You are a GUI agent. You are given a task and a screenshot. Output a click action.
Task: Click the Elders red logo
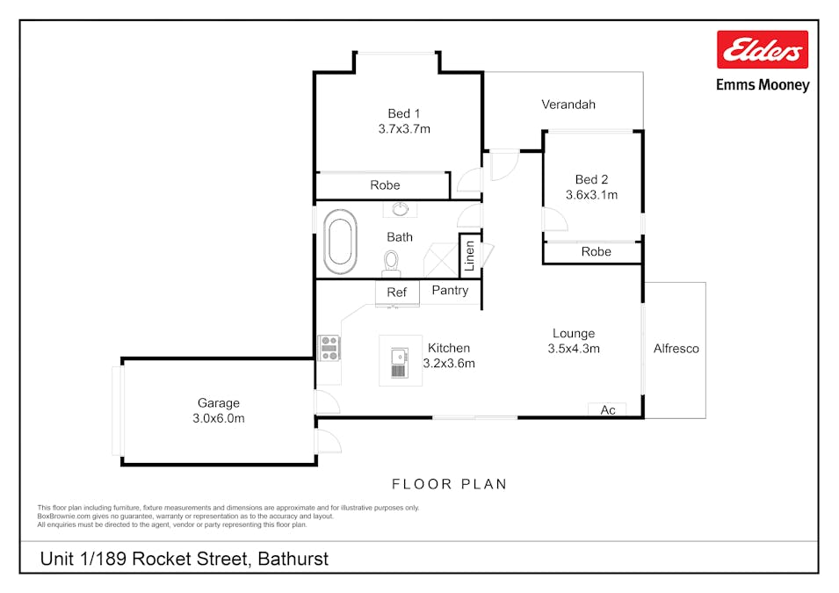click(763, 49)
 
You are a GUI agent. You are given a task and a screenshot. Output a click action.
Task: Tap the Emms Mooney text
click(763, 85)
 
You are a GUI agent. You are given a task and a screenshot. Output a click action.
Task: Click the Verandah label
click(568, 105)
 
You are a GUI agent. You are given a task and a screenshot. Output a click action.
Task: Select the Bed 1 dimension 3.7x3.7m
click(404, 129)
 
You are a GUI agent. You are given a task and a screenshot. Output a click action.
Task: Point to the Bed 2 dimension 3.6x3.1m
click(591, 195)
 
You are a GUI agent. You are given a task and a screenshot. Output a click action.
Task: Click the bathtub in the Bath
click(340, 242)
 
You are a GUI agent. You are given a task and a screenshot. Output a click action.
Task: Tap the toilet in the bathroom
click(391, 264)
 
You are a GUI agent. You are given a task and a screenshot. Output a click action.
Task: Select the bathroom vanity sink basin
click(401, 209)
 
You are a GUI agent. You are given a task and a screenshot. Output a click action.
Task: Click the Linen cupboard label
click(469, 256)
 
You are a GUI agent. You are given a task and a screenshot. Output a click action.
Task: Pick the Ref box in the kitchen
click(397, 293)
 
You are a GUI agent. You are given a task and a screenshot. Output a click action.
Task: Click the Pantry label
click(450, 290)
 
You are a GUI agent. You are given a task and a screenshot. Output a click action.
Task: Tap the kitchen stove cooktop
click(329, 348)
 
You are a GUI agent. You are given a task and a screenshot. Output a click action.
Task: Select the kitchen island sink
click(399, 362)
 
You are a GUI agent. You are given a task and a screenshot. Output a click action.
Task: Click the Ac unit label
click(608, 410)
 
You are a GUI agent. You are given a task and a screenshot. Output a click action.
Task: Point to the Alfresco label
click(676, 349)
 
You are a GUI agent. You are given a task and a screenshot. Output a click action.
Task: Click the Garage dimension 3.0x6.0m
click(218, 418)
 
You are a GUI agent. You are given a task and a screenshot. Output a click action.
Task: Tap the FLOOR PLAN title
click(450, 484)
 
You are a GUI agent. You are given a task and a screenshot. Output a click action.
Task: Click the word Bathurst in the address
click(293, 559)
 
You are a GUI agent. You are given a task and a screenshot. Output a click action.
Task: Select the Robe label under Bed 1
click(386, 185)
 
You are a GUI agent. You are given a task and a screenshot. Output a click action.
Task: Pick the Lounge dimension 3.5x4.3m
click(574, 349)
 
